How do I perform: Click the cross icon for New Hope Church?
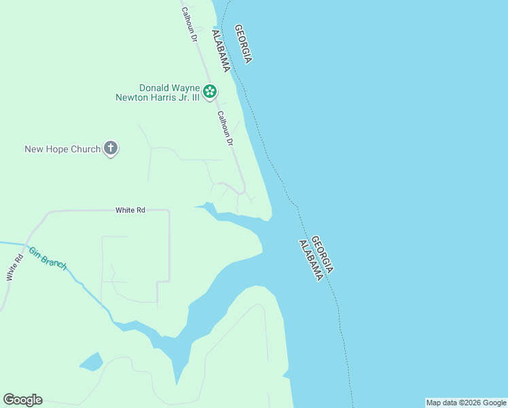click(x=111, y=149)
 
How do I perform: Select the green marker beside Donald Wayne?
click(x=210, y=90)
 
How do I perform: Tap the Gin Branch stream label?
click(x=48, y=258)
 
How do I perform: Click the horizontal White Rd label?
click(x=130, y=210)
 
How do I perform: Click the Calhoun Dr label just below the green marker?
click(x=225, y=129)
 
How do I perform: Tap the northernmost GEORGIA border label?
click(x=242, y=44)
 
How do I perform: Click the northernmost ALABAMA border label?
click(x=221, y=51)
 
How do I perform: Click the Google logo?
click(x=22, y=400)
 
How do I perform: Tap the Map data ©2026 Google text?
click(x=466, y=403)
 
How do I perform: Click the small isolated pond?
click(x=91, y=362)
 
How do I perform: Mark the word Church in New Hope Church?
click(x=86, y=149)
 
